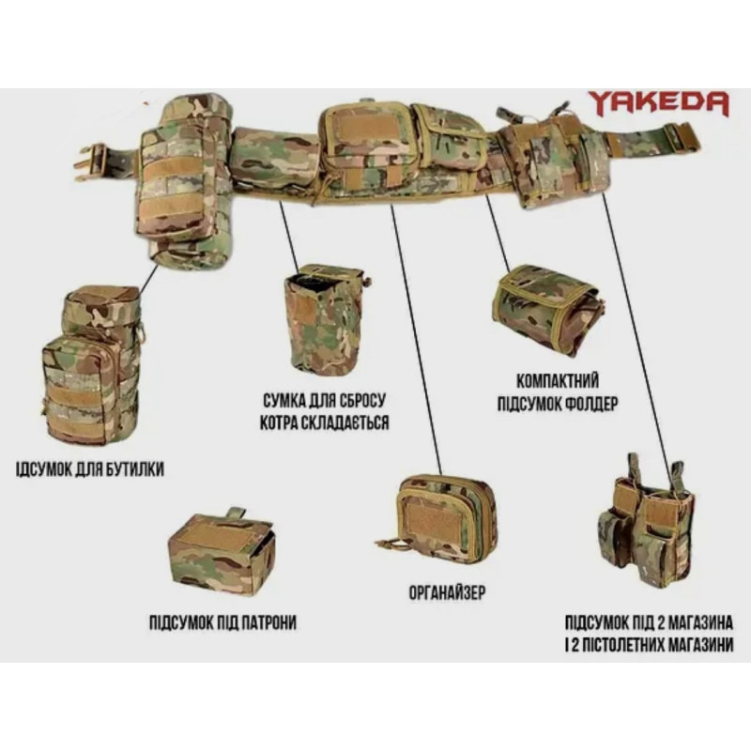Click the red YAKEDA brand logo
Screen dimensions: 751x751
tap(659, 103)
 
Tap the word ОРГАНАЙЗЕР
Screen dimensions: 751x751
tap(447, 592)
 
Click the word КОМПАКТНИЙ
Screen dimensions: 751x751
tap(558, 381)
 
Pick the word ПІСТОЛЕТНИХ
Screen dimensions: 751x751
tap(622, 644)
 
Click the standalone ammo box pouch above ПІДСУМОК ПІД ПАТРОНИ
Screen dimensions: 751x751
tap(221, 547)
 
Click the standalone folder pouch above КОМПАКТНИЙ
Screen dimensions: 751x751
tap(547, 311)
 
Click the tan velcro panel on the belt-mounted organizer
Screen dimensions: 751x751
tap(367, 127)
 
